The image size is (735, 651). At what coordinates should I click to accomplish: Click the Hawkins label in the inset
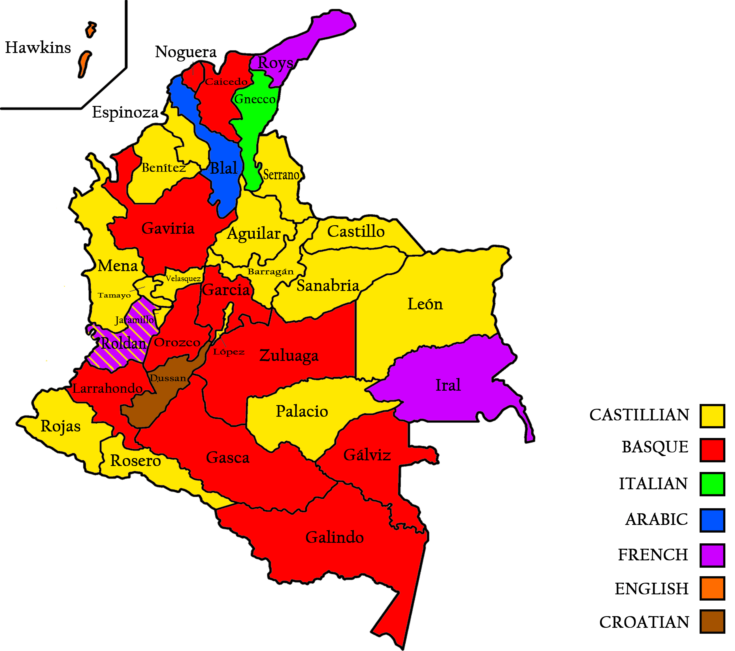pyautogui.click(x=38, y=48)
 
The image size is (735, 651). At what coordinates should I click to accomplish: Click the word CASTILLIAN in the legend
pyautogui.click(x=639, y=415)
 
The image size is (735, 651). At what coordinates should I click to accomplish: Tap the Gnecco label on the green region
pyautogui.click(x=255, y=99)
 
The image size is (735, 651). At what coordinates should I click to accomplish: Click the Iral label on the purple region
pyautogui.click(x=448, y=385)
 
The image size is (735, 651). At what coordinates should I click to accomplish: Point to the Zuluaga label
pyautogui.click(x=289, y=356)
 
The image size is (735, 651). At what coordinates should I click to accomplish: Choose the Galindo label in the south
pyautogui.click(x=335, y=537)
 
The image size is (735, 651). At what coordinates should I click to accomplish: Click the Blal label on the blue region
pyautogui.click(x=224, y=168)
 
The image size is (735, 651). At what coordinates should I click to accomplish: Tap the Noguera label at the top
pyautogui.click(x=186, y=52)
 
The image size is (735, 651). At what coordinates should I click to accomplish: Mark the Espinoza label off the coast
pyautogui.click(x=125, y=112)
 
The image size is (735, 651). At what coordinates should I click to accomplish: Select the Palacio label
pyautogui.click(x=302, y=411)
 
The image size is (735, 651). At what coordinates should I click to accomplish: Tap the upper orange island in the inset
pyautogui.click(x=91, y=29)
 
